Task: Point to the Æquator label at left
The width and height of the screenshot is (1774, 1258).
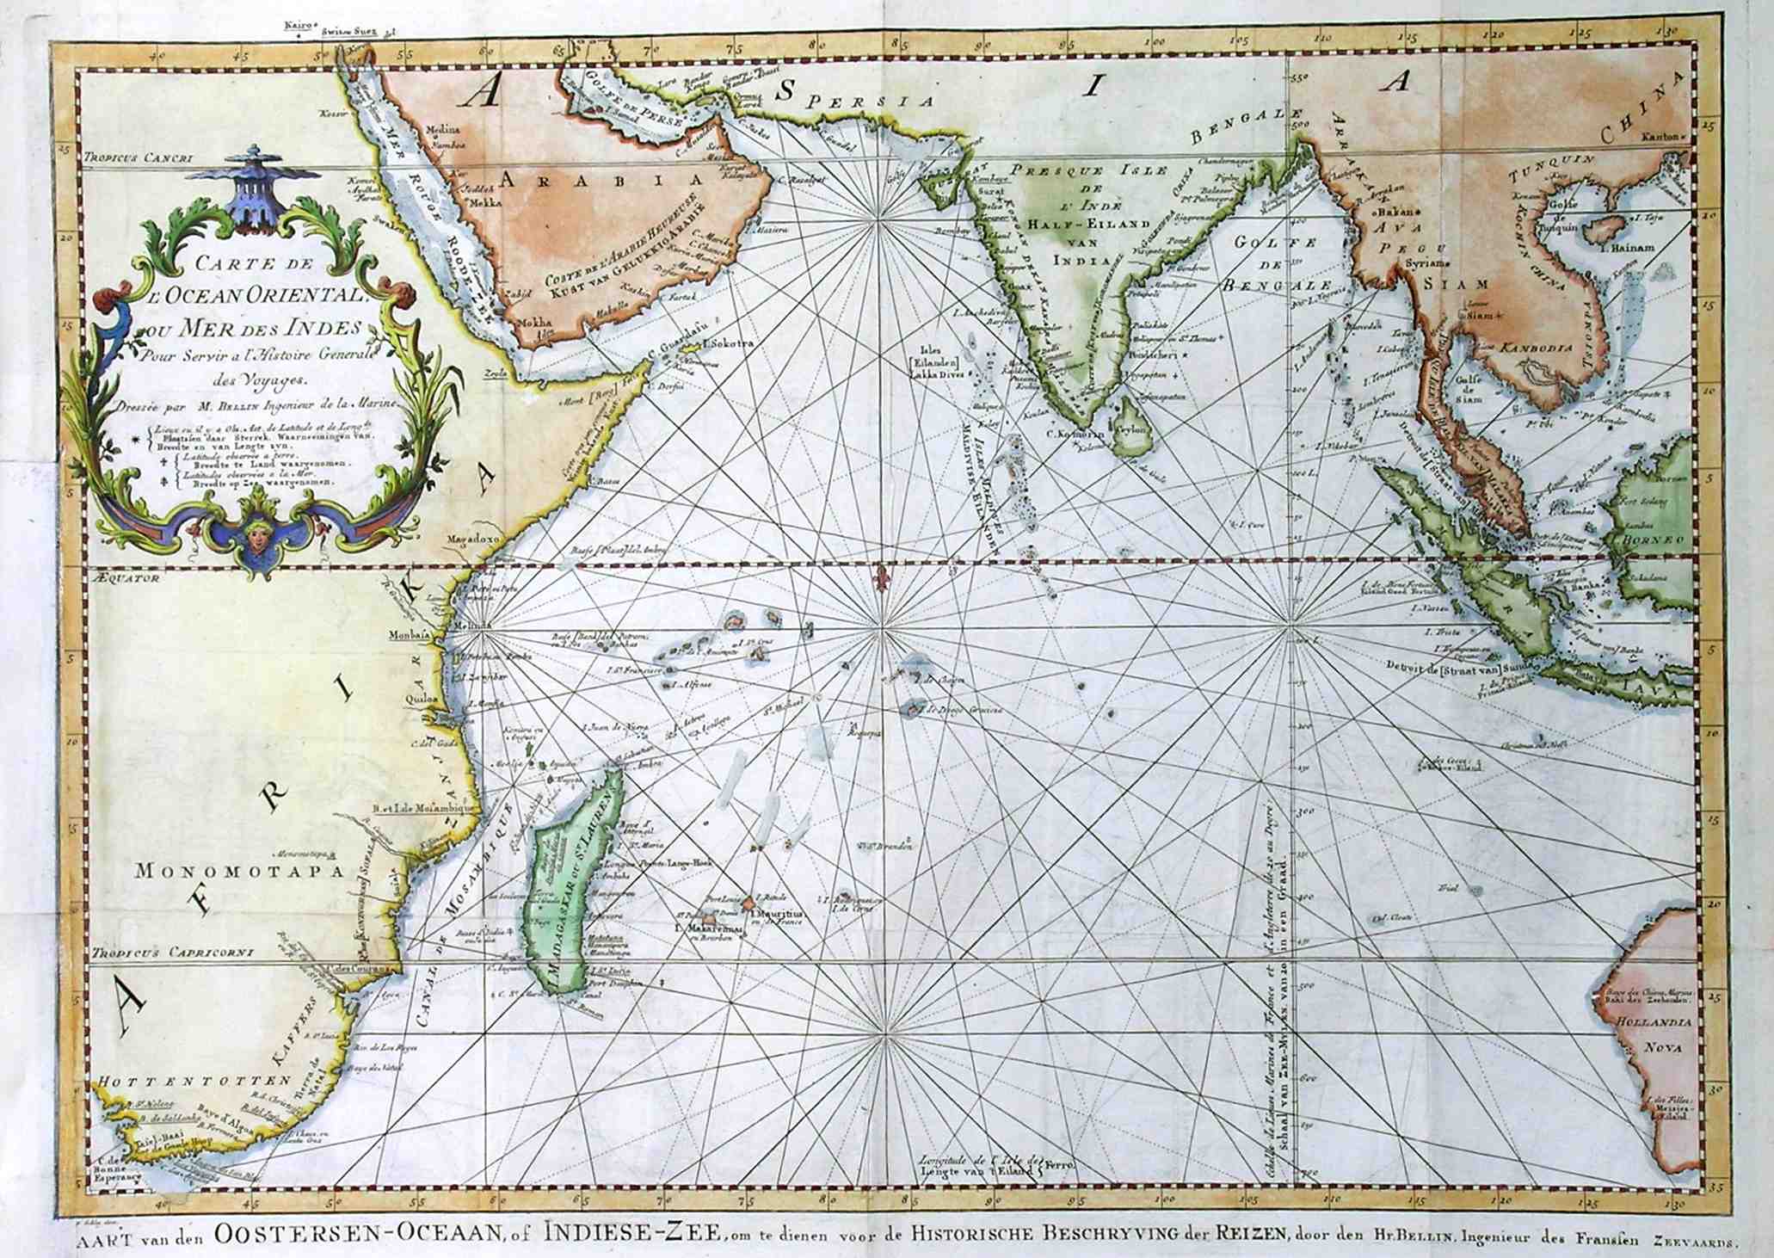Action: tap(124, 580)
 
